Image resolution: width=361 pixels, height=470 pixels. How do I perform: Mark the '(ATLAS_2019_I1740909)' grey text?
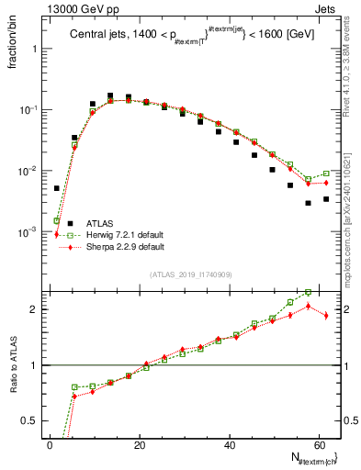click(191, 274)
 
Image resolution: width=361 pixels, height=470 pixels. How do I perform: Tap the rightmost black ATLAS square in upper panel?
click(326, 199)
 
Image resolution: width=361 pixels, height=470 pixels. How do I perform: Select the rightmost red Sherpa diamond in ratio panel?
click(326, 315)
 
